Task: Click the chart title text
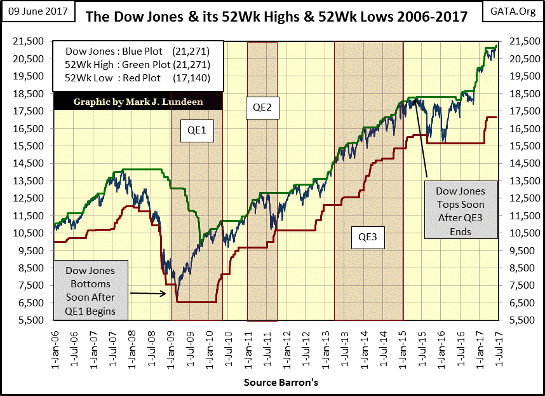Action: pyautogui.click(x=276, y=16)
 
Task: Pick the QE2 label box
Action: pyautogui.click(x=262, y=107)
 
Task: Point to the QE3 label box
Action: pyautogui.click(x=368, y=236)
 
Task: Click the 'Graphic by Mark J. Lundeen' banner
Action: pyautogui.click(x=137, y=101)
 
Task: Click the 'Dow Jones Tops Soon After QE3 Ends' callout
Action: pyautogui.click(x=460, y=211)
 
